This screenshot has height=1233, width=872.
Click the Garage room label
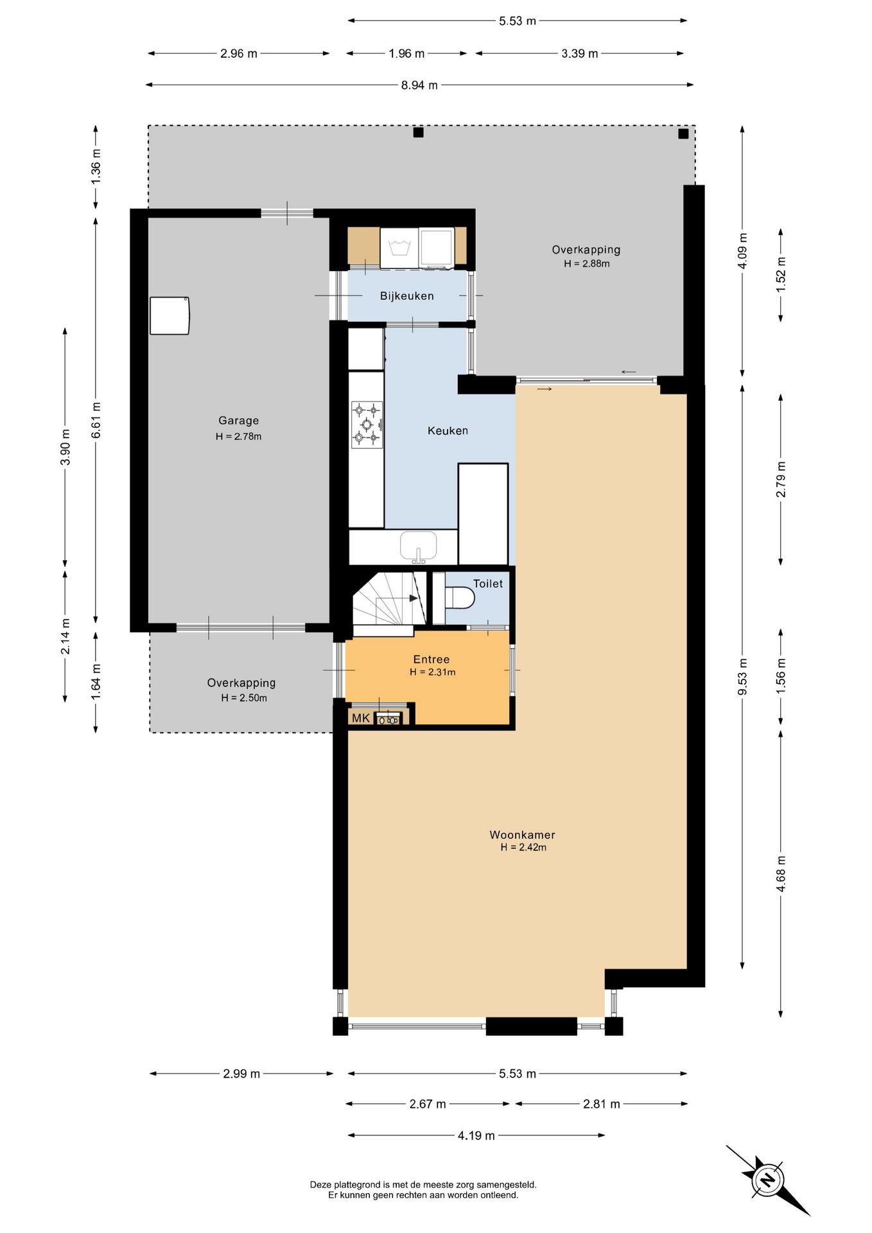pyautogui.click(x=239, y=421)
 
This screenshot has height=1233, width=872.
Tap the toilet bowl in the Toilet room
pyautogui.click(x=460, y=599)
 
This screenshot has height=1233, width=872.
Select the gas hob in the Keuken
pyautogui.click(x=367, y=424)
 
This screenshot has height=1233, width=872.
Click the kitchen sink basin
pyautogui.click(x=419, y=546)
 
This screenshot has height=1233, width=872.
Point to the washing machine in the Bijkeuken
pyautogui.click(x=399, y=248)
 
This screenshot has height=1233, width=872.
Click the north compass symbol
pyautogui.click(x=767, y=1180)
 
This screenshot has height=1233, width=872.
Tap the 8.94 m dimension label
pyautogui.click(x=419, y=85)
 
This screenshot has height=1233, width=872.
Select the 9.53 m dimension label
pyautogui.click(x=743, y=676)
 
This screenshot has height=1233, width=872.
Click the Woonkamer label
pyautogui.click(x=522, y=835)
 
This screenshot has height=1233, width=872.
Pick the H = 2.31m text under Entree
pyautogui.click(x=433, y=672)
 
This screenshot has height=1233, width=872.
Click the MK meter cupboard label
pyautogui.click(x=361, y=718)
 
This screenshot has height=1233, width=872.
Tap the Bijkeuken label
pyautogui.click(x=407, y=296)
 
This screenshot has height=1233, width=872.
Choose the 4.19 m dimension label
pyautogui.click(x=476, y=1136)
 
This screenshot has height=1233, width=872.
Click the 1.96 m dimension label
pyautogui.click(x=406, y=54)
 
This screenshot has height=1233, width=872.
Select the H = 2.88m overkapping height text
pyautogui.click(x=587, y=264)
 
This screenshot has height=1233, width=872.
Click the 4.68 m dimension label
pyautogui.click(x=781, y=874)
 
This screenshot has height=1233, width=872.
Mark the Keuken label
pyautogui.click(x=448, y=431)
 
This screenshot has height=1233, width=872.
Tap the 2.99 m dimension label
pyautogui.click(x=241, y=1074)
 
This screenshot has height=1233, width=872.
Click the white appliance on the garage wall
pyautogui.click(x=170, y=315)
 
